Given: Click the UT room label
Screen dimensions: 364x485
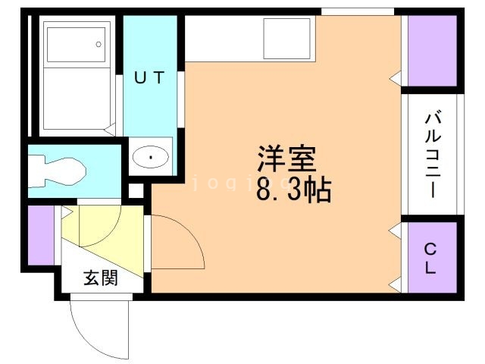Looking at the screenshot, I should (149, 78).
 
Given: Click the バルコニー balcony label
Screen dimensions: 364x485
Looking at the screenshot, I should (433, 154).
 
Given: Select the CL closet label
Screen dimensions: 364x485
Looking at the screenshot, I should (430, 258).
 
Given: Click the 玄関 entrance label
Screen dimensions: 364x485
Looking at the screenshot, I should (100, 278).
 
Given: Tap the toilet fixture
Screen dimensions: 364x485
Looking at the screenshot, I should (58, 169).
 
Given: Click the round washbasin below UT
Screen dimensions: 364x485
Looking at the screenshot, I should (151, 157).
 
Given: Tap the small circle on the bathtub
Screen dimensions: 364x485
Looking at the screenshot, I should (99, 44).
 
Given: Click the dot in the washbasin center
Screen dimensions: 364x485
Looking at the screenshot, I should (151, 157).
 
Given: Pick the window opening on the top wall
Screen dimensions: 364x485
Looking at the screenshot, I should (358, 11).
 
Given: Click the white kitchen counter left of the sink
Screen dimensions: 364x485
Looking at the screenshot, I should (224, 38).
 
